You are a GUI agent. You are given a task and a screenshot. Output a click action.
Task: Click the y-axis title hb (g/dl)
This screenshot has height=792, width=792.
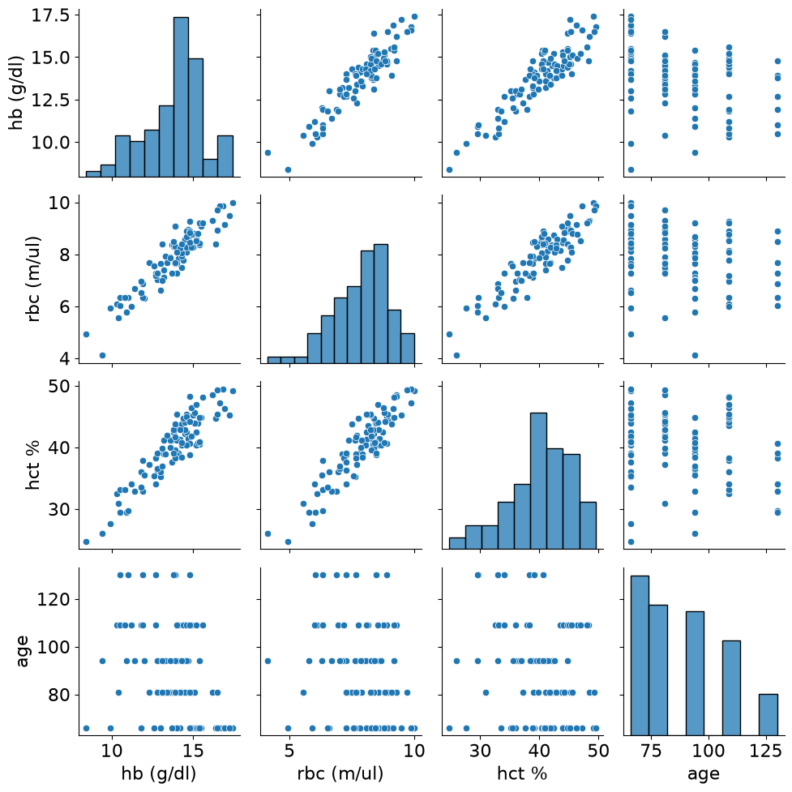click(x=16, y=93)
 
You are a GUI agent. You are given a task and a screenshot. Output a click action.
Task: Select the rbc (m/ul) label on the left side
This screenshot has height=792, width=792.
click(x=33, y=280)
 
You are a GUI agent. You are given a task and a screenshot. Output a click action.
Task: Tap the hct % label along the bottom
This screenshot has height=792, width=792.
click(x=522, y=773)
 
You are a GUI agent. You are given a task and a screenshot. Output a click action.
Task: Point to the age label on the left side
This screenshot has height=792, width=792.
click(x=22, y=651)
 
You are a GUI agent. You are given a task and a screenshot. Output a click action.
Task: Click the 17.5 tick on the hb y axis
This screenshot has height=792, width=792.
click(x=50, y=15)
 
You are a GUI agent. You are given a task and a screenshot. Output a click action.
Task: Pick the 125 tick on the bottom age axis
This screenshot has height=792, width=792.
click(x=766, y=751)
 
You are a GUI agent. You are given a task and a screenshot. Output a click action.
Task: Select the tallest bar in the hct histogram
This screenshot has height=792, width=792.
click(x=538, y=481)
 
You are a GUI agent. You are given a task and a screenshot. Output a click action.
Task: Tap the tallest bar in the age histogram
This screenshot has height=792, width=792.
click(x=640, y=655)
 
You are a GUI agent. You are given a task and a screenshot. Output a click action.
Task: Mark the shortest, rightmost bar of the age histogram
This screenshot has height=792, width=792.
click(x=768, y=715)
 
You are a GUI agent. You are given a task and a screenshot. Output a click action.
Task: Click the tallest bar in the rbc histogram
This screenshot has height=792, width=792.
click(x=381, y=303)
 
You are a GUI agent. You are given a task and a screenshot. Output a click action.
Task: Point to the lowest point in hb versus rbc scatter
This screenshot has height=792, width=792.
click(x=288, y=169)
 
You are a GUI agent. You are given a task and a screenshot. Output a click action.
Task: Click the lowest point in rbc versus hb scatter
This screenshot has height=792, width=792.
click(x=102, y=356)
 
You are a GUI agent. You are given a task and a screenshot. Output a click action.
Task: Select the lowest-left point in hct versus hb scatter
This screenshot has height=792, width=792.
click(x=86, y=542)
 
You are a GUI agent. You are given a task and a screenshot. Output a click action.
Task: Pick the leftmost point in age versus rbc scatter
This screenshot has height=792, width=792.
click(x=268, y=661)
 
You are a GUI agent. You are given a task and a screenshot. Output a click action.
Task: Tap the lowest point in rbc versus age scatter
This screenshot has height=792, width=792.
click(x=695, y=356)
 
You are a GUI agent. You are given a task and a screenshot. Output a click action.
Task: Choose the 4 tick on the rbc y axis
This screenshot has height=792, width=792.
click(x=64, y=359)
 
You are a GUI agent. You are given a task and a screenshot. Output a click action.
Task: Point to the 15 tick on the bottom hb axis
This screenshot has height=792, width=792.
click(x=192, y=751)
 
